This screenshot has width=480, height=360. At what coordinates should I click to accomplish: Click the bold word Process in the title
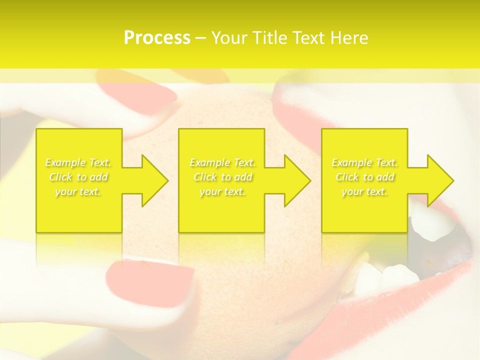pyautogui.click(x=157, y=38)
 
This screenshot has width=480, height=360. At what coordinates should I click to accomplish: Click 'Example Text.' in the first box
pyautogui.click(x=78, y=162)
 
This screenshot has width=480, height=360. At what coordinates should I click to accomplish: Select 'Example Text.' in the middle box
pyautogui.click(x=222, y=162)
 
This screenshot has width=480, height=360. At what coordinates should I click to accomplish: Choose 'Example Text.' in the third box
pyautogui.click(x=364, y=162)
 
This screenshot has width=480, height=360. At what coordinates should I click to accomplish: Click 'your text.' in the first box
pyautogui.click(x=78, y=191)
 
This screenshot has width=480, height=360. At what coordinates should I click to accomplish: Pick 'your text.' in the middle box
pyautogui.click(x=222, y=191)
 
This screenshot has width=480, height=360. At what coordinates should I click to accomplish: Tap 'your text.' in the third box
pyautogui.click(x=364, y=191)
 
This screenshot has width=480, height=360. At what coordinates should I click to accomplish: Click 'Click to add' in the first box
pyautogui.click(x=78, y=177)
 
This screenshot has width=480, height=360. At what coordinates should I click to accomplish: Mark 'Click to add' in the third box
pyautogui.click(x=364, y=177)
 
